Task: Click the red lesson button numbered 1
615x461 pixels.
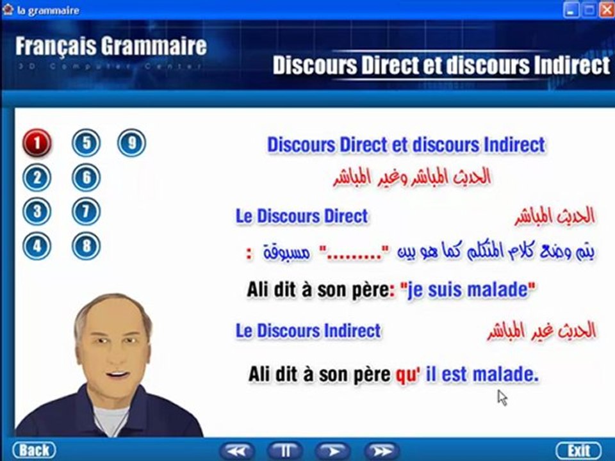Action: tap(37, 143)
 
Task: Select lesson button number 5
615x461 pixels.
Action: tap(86, 143)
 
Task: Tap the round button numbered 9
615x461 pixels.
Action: tap(131, 143)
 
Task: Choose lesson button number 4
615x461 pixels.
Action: tap(37, 245)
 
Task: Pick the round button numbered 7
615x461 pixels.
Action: tap(86, 211)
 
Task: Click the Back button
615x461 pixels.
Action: tap(34, 450)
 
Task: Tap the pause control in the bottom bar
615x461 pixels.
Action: tap(284, 451)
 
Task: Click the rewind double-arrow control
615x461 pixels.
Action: tap(237, 451)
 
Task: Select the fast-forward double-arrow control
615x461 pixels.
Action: tap(382, 451)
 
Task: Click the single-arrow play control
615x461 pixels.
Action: tap(332, 451)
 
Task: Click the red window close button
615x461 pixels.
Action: tap(606, 9)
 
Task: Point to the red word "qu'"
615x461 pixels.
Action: tap(406, 375)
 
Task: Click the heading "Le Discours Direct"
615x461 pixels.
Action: tap(302, 216)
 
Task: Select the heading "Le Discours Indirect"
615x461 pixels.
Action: tap(308, 331)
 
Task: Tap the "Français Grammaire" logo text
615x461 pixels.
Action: tap(111, 46)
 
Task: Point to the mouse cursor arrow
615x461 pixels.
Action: tap(502, 397)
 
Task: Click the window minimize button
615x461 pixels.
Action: tap(571, 9)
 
